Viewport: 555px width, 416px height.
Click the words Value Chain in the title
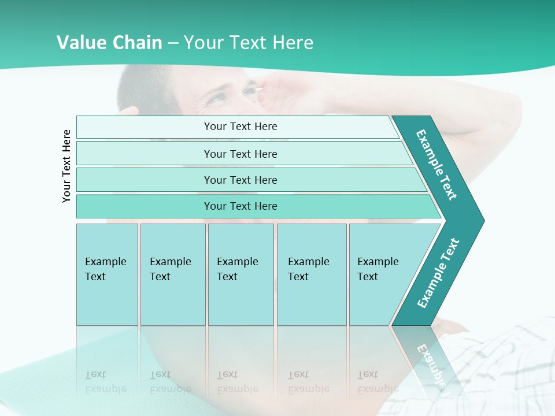pyautogui.click(x=109, y=43)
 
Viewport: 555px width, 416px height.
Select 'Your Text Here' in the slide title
pyautogui.click(x=249, y=43)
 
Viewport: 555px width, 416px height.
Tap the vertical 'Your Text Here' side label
pyautogui.click(x=67, y=166)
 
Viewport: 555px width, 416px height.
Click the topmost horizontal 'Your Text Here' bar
pyautogui.click(x=240, y=127)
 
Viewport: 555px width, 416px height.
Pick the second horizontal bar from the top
pyautogui.click(x=240, y=154)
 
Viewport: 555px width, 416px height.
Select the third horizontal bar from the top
pyautogui.click(x=240, y=180)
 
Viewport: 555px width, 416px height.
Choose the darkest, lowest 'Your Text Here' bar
pyautogui.click(x=240, y=206)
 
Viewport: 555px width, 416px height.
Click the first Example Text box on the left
pyautogui.click(x=107, y=274)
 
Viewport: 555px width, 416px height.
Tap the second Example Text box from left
pyautogui.click(x=172, y=274)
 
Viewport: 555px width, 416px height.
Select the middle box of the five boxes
pyautogui.click(x=240, y=274)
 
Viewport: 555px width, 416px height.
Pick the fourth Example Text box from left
pyautogui.click(x=311, y=274)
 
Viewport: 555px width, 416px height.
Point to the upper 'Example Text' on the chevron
pyautogui.click(x=436, y=165)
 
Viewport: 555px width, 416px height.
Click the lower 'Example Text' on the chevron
pyautogui.click(x=438, y=273)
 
